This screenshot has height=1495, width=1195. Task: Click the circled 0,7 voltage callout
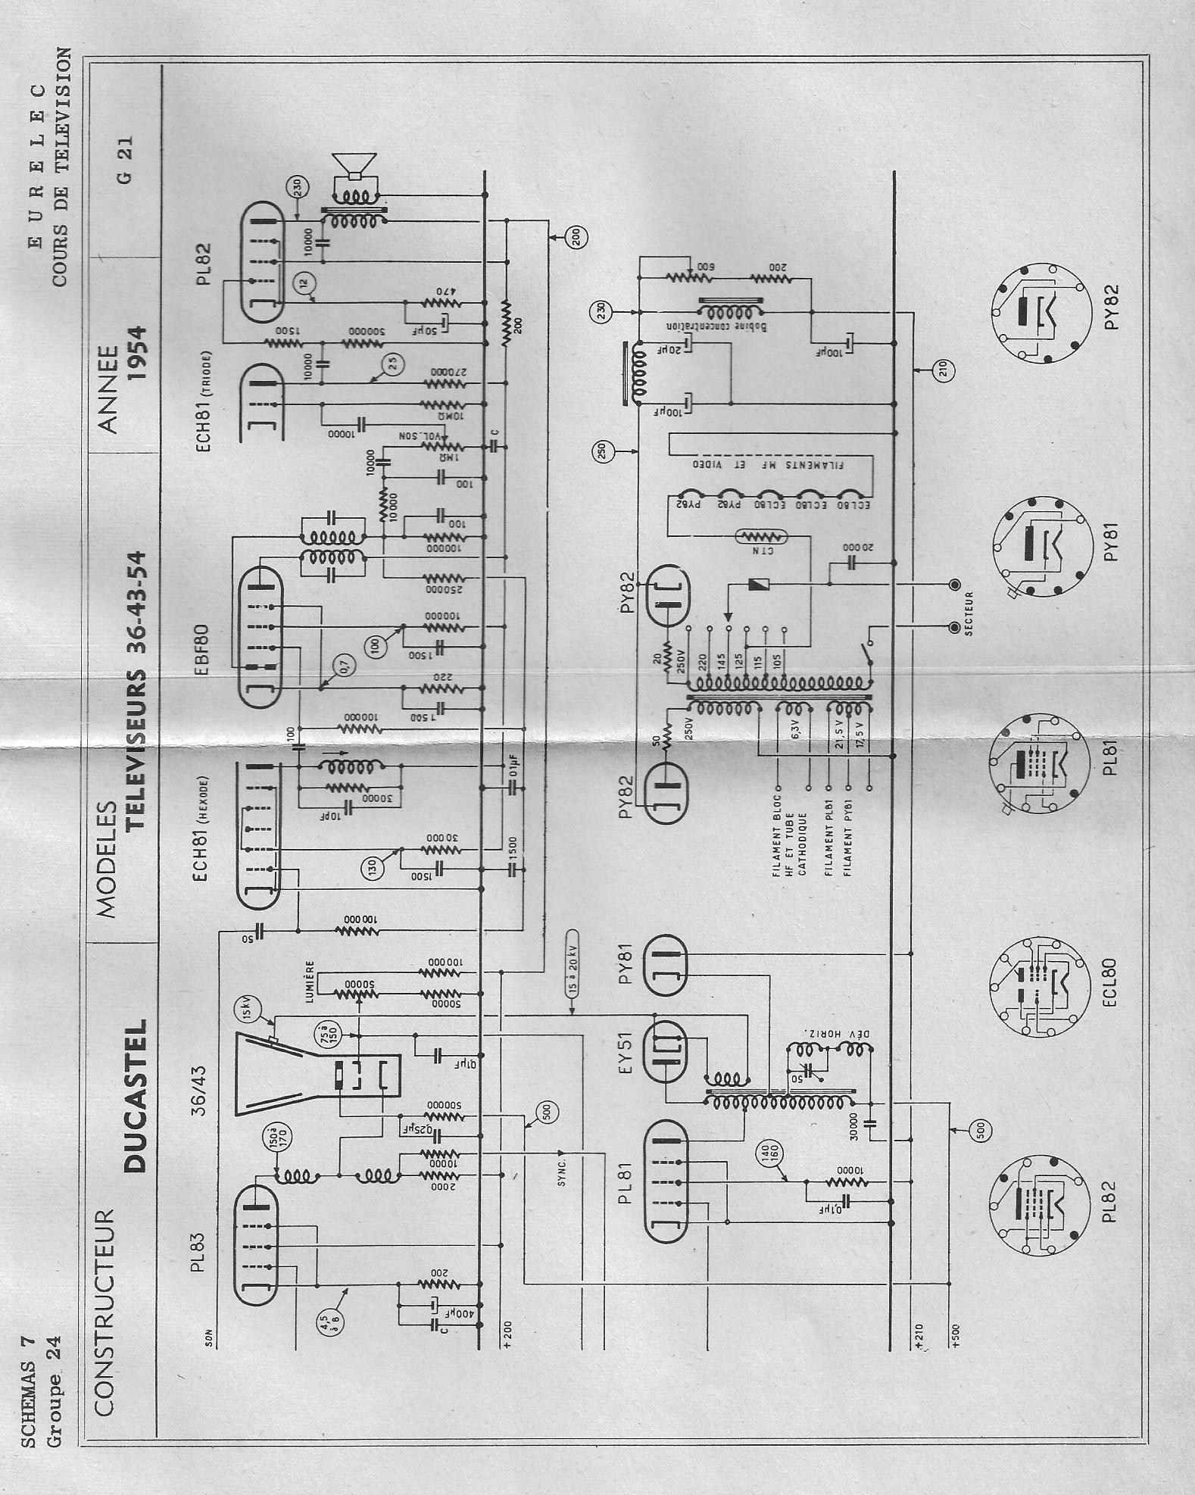(344, 667)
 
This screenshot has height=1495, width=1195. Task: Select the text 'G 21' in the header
(125, 159)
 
